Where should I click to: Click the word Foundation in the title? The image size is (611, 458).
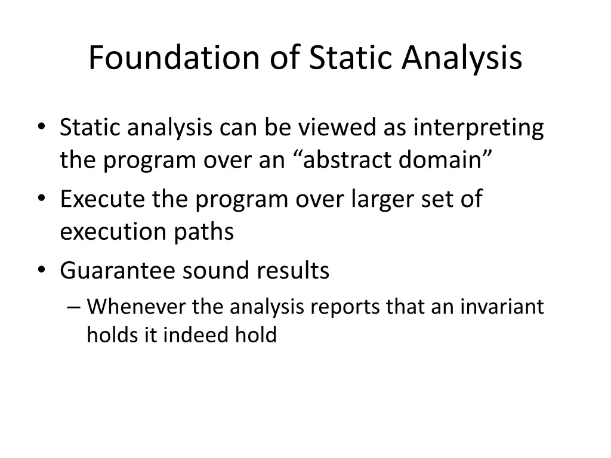[174, 57]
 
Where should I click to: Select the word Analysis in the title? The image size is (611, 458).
[462, 59]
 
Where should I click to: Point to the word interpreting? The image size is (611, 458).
[479, 129]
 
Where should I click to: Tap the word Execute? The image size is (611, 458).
[102, 199]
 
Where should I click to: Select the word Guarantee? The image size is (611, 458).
[118, 270]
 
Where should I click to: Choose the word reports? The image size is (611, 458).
[345, 308]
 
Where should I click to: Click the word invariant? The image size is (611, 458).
[502, 306]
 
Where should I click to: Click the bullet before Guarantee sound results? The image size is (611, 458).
[42, 270]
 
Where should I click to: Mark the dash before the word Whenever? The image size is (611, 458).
[73, 307]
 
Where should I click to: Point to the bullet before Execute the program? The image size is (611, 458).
[42, 198]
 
